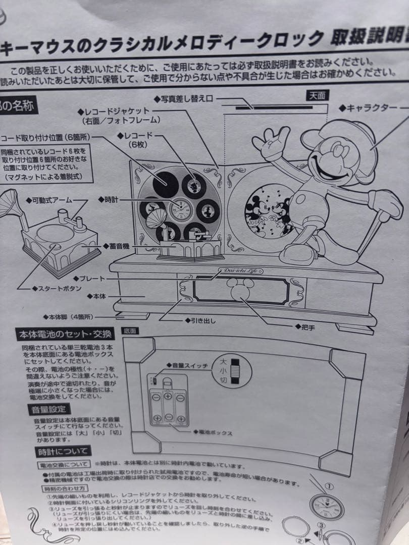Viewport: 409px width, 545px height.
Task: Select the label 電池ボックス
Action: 213,432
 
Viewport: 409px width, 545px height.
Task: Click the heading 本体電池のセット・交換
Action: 66,335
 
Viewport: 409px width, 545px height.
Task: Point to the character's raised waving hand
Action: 272,142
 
